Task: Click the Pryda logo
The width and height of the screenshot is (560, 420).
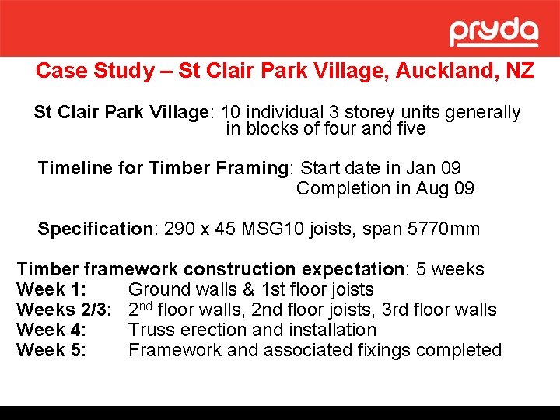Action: click(x=494, y=33)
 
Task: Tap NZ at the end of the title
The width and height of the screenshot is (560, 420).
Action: click(x=520, y=71)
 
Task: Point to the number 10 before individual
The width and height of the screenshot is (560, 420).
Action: click(x=233, y=112)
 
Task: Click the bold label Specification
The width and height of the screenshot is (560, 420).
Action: click(x=96, y=229)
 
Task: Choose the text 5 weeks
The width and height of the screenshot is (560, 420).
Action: click(x=450, y=270)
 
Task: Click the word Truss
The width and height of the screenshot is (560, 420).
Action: click(x=152, y=330)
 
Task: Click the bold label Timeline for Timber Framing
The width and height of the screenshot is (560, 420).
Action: click(x=163, y=168)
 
